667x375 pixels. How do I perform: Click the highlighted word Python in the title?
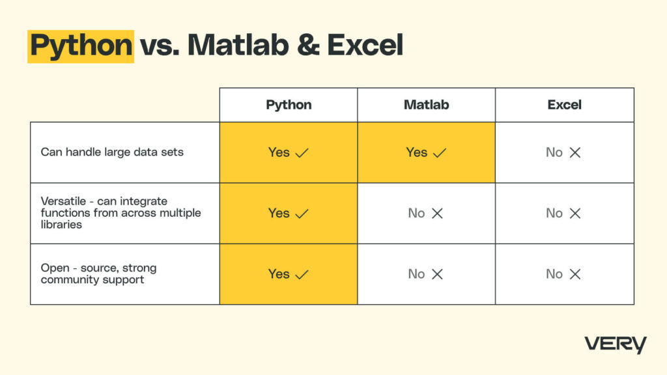81,46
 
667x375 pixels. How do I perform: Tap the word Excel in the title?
365,46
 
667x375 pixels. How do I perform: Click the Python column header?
289,105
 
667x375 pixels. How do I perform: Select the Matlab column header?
426,105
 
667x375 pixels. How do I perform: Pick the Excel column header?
564,105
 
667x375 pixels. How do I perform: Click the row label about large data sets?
112,152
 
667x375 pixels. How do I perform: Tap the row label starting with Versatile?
121,213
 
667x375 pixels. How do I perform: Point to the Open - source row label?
99,273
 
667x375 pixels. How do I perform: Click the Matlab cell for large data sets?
426,152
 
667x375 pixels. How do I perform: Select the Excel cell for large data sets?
564,152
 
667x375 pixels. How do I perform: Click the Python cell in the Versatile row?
289,213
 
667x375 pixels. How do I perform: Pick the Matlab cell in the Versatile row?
426,213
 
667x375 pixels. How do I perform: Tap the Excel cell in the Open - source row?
564,274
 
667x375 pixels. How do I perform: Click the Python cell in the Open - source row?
289,274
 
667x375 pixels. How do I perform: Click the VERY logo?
615,344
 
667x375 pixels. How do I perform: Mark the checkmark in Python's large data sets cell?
302,153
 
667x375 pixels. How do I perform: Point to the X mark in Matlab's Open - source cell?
437,274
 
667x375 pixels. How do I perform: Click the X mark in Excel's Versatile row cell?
575,214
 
